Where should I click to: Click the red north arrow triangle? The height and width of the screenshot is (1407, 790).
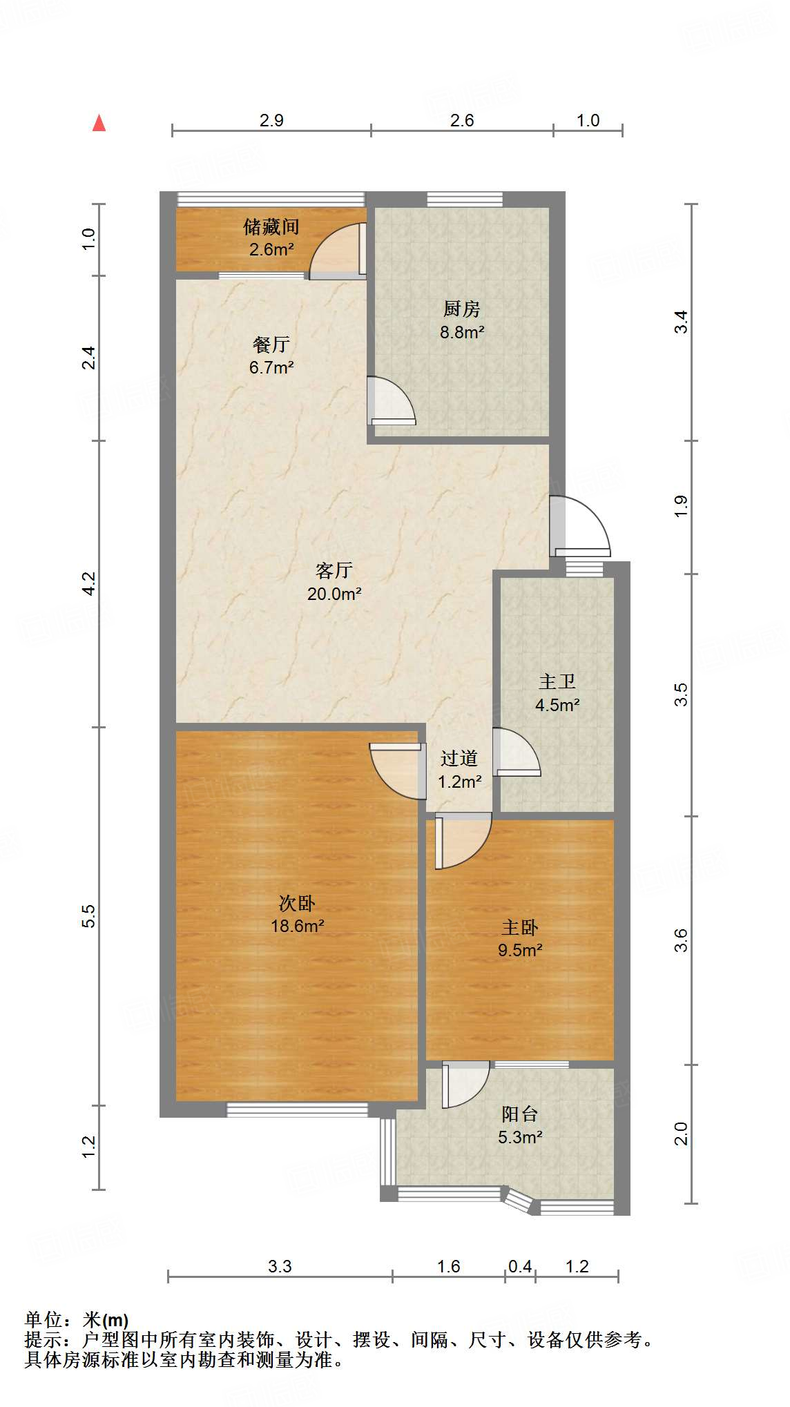pyautogui.click(x=99, y=123)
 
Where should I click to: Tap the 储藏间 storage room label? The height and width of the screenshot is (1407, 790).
pyautogui.click(x=271, y=226)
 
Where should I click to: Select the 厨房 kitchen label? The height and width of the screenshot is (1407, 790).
pyautogui.click(x=462, y=309)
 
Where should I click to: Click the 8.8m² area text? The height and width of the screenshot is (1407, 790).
pyautogui.click(x=462, y=332)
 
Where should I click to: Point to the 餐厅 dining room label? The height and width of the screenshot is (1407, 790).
pyautogui.click(x=271, y=344)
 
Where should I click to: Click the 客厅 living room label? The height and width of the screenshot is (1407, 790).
pyautogui.click(x=334, y=570)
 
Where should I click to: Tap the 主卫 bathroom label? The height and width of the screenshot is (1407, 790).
pyautogui.click(x=557, y=682)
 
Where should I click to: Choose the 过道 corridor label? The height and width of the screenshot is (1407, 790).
pyautogui.click(x=459, y=759)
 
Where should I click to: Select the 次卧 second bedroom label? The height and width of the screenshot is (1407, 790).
pyautogui.click(x=297, y=903)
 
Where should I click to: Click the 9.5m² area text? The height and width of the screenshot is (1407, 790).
pyautogui.click(x=520, y=951)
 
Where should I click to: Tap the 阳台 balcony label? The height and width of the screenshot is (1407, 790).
pyautogui.click(x=519, y=1114)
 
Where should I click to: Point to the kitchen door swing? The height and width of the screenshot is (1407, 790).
pyautogui.click(x=391, y=400)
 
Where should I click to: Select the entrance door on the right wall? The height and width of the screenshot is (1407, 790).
pyautogui.click(x=580, y=526)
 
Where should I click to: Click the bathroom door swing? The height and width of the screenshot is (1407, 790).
pyautogui.click(x=517, y=753)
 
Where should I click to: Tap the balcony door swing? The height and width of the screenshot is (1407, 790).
pyautogui.click(x=466, y=1084)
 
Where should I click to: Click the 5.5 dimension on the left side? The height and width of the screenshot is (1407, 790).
pyautogui.click(x=88, y=916)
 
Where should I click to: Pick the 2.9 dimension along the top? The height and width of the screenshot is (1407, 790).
pyautogui.click(x=271, y=121)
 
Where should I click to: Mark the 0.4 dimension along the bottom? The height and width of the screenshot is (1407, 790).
pyautogui.click(x=520, y=1267)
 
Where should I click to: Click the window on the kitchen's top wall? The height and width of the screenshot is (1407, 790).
pyautogui.click(x=465, y=200)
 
